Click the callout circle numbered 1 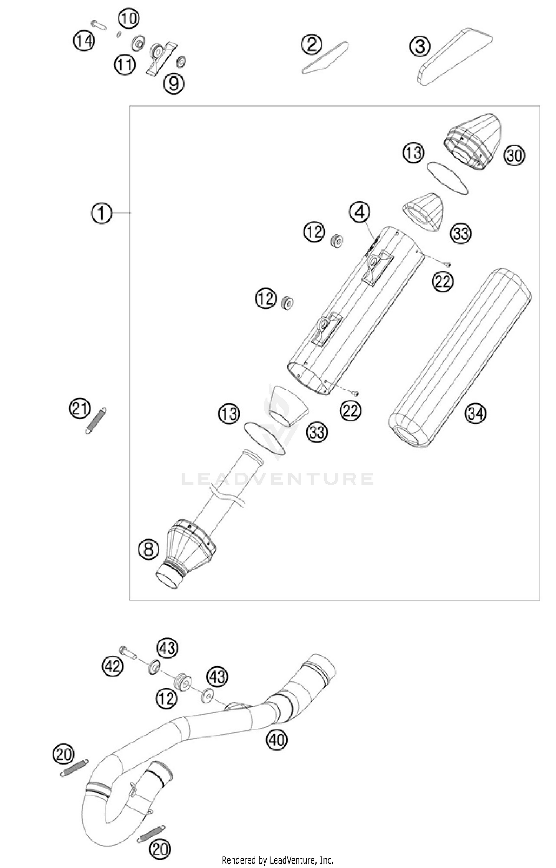pos(101,214)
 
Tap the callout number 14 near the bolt pos(84,40)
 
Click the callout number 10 pos(129,19)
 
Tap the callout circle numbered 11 pos(125,65)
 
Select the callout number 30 pos(514,156)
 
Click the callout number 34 pos(476,413)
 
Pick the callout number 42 pos(112,667)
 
